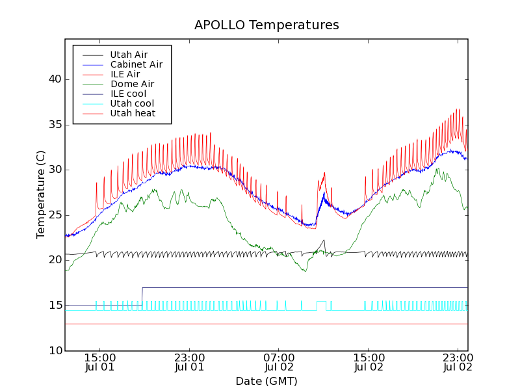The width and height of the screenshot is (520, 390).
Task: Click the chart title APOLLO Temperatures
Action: (x=266, y=25)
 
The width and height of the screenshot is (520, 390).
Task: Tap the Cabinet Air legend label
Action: (x=136, y=64)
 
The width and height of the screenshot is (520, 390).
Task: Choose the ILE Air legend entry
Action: (x=125, y=74)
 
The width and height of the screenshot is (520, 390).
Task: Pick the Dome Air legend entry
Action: (x=132, y=84)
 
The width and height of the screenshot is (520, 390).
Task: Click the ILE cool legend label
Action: (x=128, y=94)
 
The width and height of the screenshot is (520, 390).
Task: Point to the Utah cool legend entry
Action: (x=132, y=103)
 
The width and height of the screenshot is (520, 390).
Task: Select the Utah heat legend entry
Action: (x=133, y=113)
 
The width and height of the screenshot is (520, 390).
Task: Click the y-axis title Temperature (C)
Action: (x=40, y=195)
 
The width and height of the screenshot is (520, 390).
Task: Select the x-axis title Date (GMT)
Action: (x=266, y=381)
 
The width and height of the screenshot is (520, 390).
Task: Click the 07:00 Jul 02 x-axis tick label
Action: (x=279, y=362)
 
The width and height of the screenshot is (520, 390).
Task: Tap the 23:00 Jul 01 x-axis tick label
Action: (x=190, y=362)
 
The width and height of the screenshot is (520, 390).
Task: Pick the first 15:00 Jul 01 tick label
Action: (x=100, y=362)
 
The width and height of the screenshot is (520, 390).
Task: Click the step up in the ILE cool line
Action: (x=142, y=296)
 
